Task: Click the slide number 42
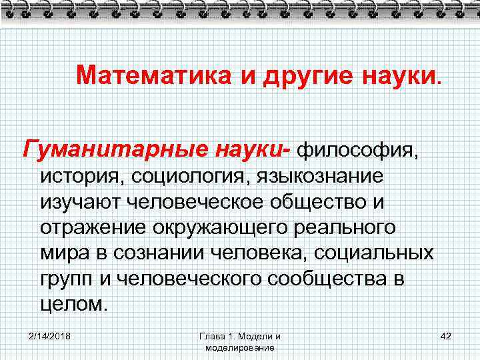(446, 336)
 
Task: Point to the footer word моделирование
(240, 348)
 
